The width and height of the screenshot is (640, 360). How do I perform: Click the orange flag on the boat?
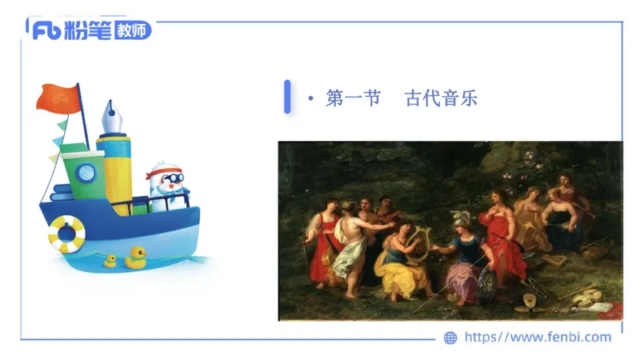(57, 97)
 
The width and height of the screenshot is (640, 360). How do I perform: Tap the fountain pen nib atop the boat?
(110, 120)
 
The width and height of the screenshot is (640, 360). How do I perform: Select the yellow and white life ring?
(66, 234)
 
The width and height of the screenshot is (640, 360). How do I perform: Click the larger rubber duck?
(136, 258)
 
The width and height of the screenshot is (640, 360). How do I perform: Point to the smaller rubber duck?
(110, 261)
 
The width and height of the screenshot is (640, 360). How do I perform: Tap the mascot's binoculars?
(170, 178)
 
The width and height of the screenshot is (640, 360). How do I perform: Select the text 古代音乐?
(441, 99)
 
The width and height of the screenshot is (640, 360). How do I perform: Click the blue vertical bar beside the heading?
(287, 97)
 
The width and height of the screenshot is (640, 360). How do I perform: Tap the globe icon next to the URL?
(450, 338)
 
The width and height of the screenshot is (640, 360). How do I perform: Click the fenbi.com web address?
(538, 337)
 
